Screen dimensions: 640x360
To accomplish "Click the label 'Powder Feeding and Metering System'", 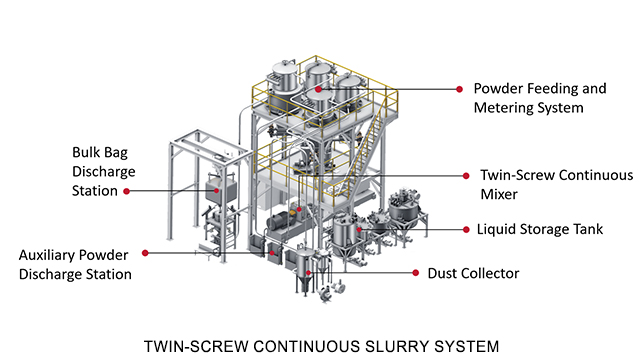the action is [x=540, y=98].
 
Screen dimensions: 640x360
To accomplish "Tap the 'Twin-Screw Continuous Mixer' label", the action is [x=557, y=184].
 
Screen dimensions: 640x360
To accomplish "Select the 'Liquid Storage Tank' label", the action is [x=540, y=229].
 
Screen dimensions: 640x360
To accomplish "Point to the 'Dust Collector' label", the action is [x=473, y=273].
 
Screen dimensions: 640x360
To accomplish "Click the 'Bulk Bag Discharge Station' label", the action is [x=104, y=171].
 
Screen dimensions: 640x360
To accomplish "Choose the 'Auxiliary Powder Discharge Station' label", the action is [x=75, y=264].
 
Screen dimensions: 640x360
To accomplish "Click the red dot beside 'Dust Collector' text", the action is [x=416, y=273].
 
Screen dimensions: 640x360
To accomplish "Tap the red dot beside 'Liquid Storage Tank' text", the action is [x=466, y=229].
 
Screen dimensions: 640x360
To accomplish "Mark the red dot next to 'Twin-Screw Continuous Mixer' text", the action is [x=466, y=176].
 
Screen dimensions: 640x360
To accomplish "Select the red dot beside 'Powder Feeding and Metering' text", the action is [x=459, y=89].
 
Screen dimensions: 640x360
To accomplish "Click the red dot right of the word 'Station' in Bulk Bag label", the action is [x=127, y=191].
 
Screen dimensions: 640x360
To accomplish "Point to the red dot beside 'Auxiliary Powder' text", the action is [x=145, y=253].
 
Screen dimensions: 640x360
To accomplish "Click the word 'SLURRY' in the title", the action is [x=395, y=347].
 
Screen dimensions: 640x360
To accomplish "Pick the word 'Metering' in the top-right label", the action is [x=503, y=108].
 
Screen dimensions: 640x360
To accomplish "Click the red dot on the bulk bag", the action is [x=217, y=191].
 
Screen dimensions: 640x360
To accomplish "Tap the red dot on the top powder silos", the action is [x=318, y=89].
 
